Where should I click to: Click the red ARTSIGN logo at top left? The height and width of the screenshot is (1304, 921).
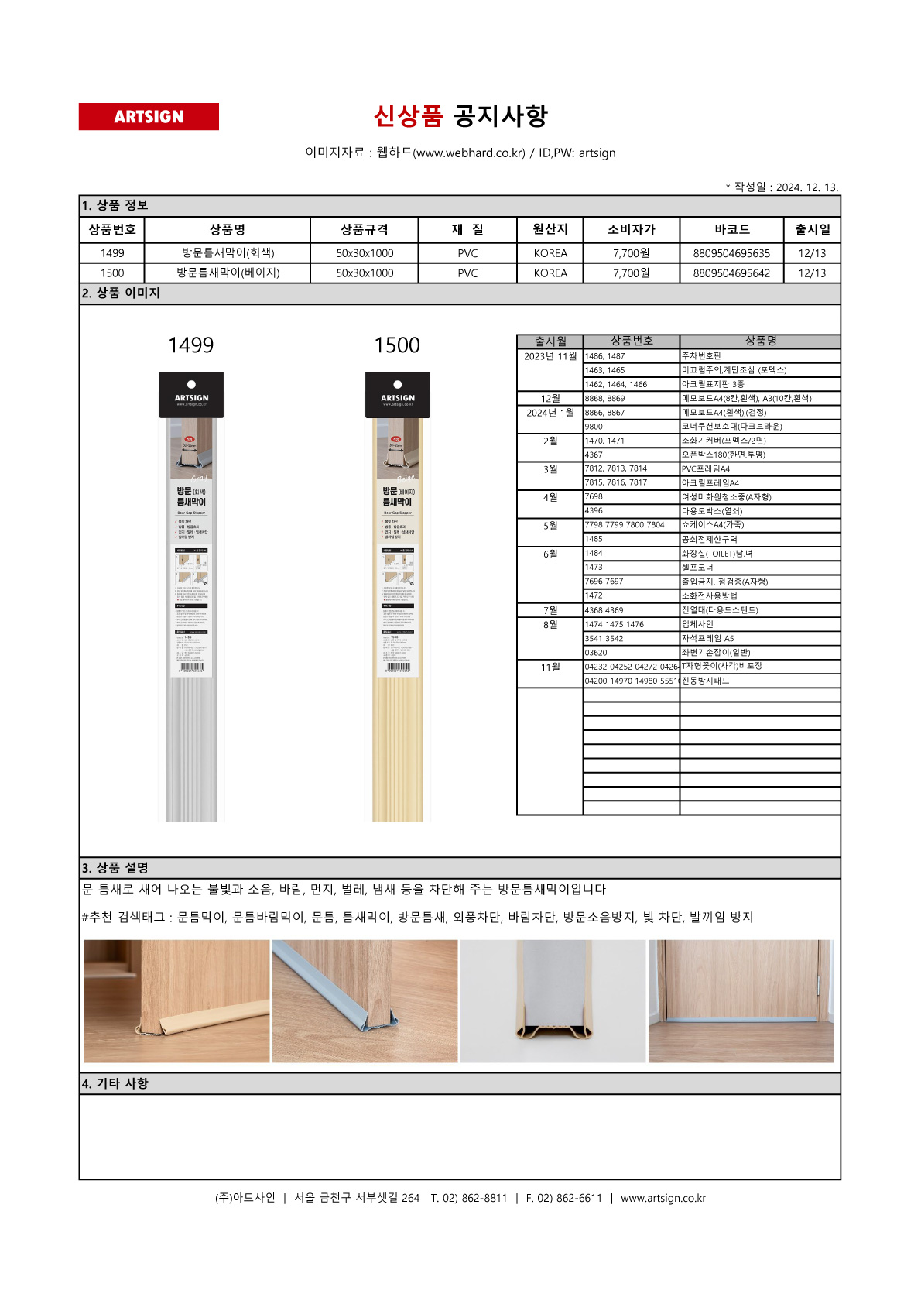click(x=149, y=117)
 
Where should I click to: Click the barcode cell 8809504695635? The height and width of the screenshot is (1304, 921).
click(x=731, y=253)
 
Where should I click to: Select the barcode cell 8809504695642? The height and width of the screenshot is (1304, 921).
click(x=731, y=273)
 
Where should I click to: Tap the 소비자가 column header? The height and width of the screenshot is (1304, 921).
click(x=631, y=229)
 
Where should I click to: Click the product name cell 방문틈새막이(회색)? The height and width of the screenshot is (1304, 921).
click(x=228, y=253)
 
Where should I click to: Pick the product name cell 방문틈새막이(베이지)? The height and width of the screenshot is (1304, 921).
click(x=228, y=273)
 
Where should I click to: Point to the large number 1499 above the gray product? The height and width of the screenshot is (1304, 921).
click(x=190, y=345)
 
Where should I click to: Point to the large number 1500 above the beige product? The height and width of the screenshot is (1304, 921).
click(x=397, y=345)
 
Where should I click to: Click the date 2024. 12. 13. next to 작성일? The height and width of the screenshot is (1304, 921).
click(x=806, y=187)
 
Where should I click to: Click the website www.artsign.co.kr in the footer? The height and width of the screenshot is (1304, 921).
click(x=663, y=1198)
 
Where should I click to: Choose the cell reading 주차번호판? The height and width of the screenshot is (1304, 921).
click(x=701, y=356)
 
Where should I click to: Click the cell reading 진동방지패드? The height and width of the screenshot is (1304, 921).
click(x=705, y=681)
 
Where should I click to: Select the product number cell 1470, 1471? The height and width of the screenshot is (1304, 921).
click(x=604, y=441)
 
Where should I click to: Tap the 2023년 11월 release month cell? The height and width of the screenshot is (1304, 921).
click(x=550, y=356)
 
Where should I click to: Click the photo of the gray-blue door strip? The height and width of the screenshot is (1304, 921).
click(x=365, y=1000)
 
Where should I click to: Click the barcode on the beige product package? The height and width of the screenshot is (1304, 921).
click(x=398, y=667)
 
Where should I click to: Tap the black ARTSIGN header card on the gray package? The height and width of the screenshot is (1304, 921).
click(x=191, y=395)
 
